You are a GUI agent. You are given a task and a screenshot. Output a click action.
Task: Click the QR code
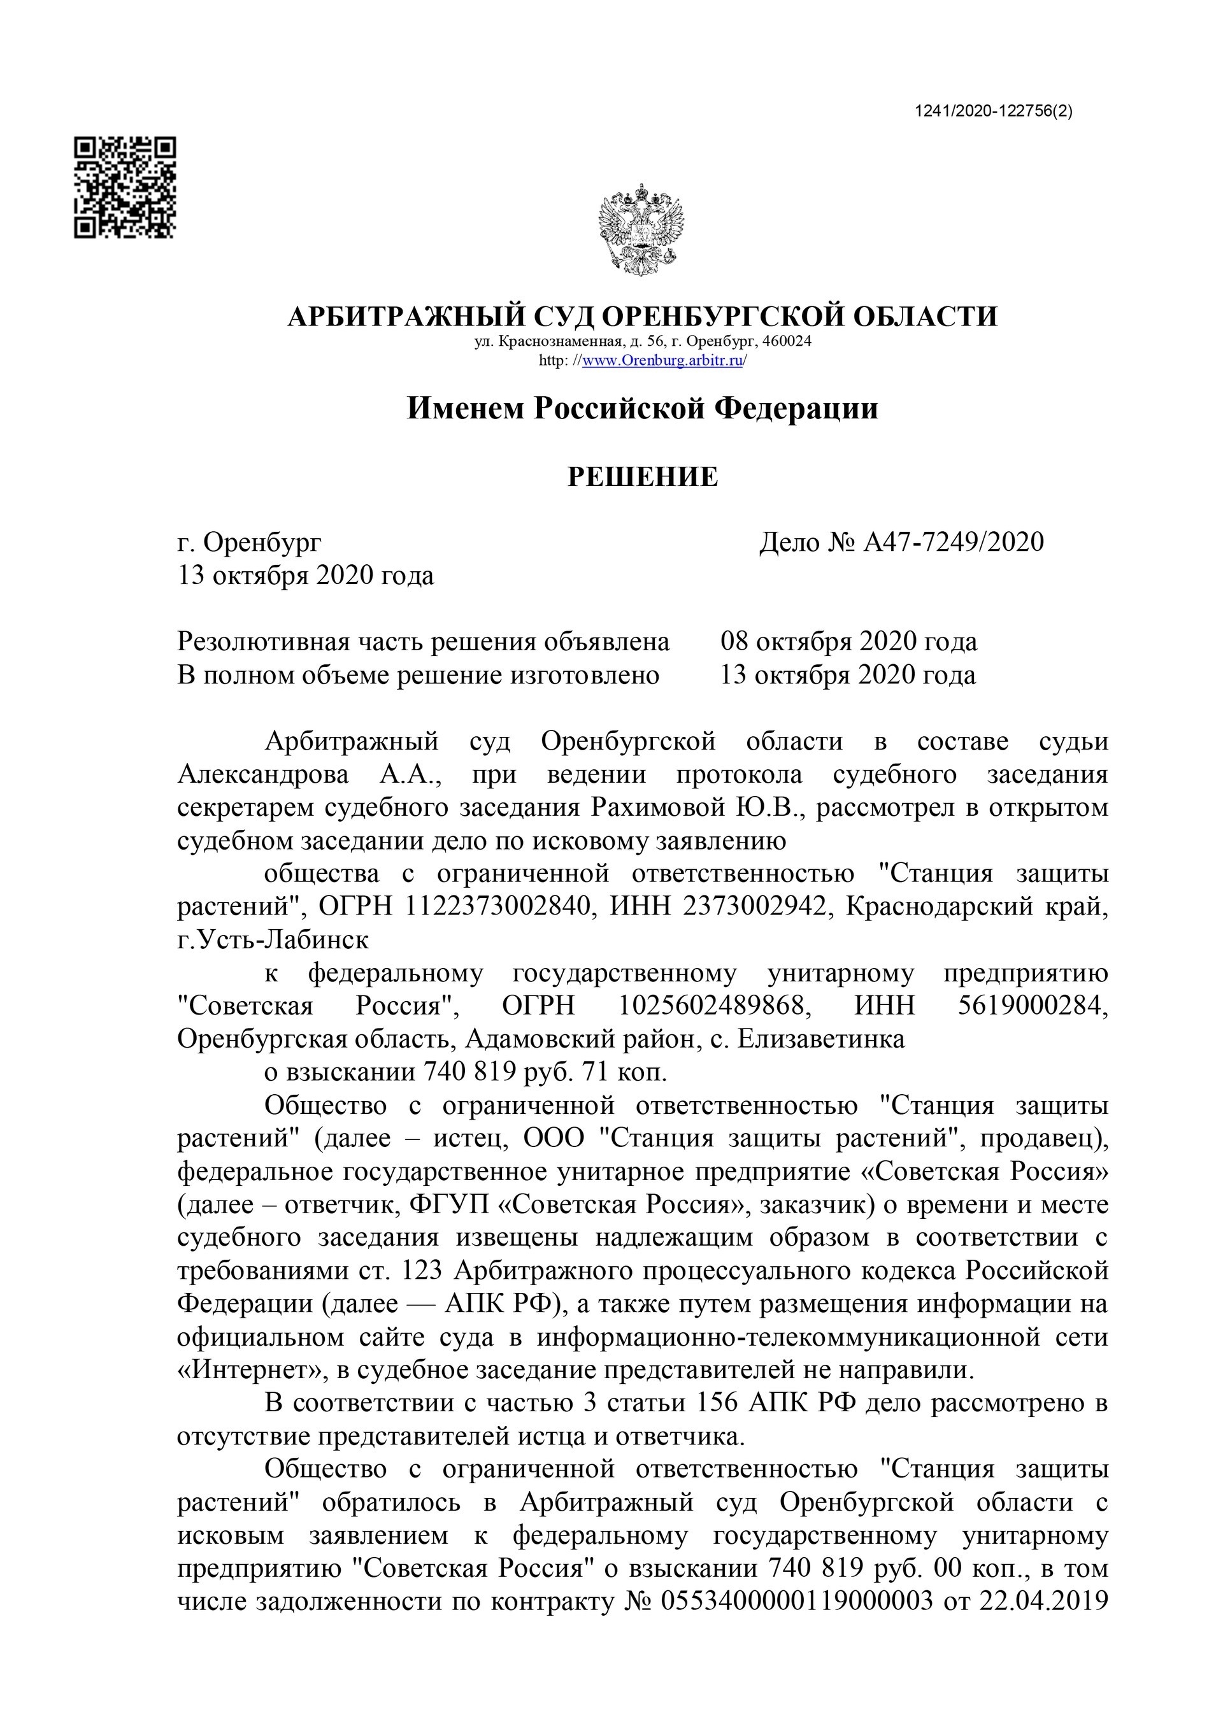point(125,187)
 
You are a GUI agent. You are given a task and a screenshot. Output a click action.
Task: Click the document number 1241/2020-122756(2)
point(993,111)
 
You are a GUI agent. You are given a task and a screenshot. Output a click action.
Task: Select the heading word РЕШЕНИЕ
point(642,476)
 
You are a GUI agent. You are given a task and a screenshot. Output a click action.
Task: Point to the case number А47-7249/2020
point(954,542)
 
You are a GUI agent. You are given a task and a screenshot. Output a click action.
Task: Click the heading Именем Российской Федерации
point(642,409)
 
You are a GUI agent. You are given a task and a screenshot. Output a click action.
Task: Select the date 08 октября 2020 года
point(848,641)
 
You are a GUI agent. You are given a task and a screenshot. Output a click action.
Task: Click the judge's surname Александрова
point(263,774)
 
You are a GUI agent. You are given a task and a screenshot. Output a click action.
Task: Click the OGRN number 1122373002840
point(497,906)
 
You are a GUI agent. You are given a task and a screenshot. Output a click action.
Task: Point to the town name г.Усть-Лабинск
point(273,939)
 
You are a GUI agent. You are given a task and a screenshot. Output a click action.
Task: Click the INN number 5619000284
point(1033,1006)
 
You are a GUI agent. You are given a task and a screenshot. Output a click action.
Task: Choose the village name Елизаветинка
point(821,1039)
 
